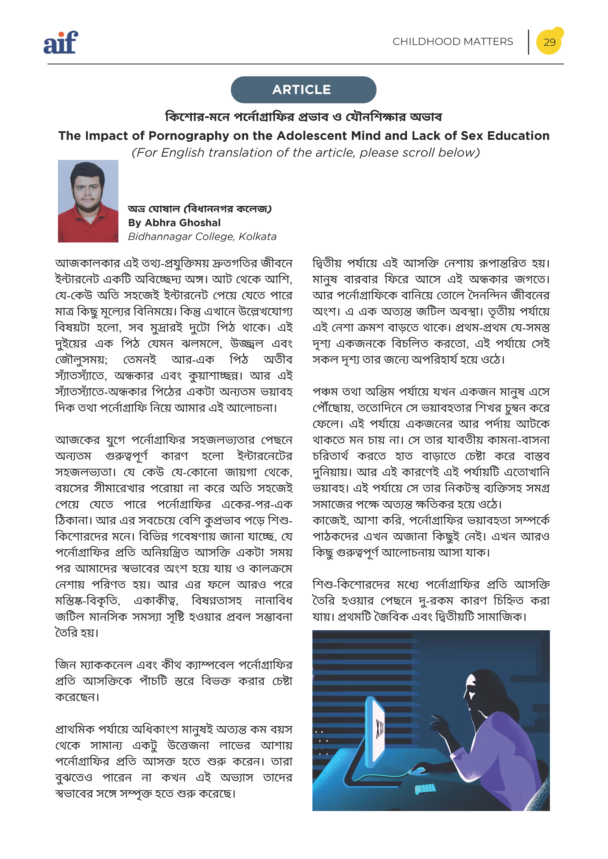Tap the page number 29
pos(549,42)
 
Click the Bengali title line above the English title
pos(303,117)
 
